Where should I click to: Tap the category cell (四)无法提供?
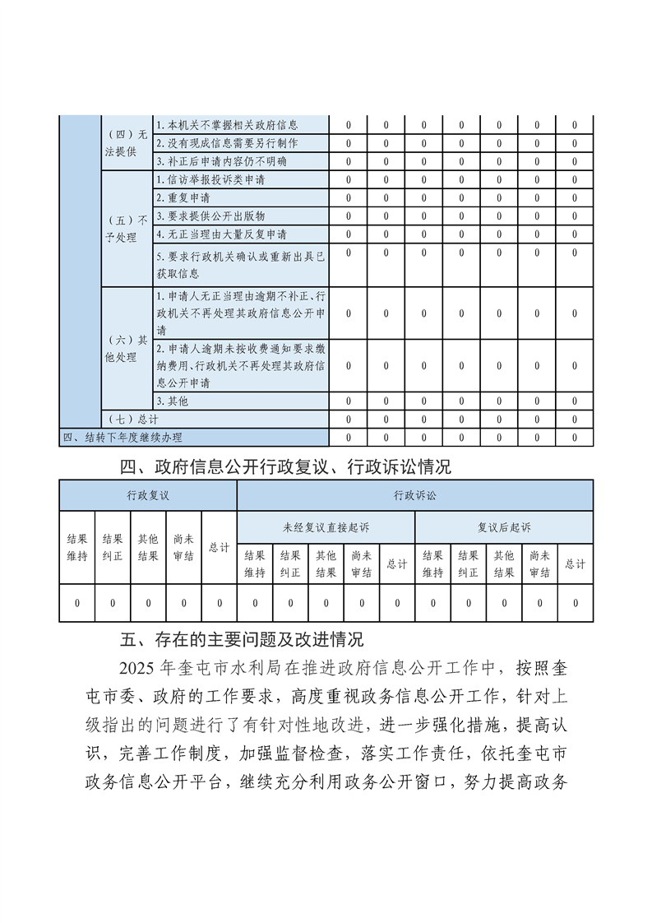[x=127, y=143]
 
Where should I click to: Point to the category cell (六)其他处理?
[x=127, y=348]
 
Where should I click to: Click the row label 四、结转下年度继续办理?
[x=123, y=438]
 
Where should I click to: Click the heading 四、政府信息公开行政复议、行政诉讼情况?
[x=285, y=468]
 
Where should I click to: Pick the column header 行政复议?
[x=148, y=496]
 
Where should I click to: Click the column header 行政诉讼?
[x=414, y=496]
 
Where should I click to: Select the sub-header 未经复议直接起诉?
[x=326, y=526]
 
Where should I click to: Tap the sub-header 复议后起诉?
[x=504, y=526]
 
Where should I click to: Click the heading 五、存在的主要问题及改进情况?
[x=242, y=638]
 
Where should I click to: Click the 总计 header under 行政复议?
[x=219, y=548]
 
